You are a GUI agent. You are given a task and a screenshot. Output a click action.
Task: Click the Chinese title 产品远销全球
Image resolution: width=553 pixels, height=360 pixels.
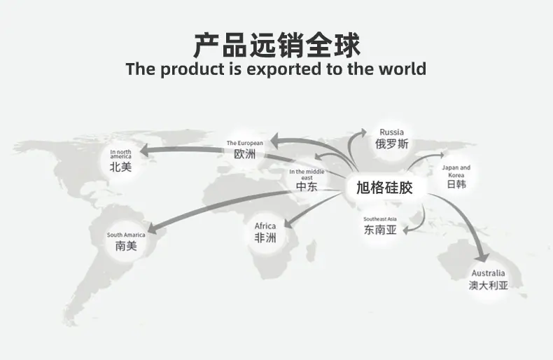[277, 45]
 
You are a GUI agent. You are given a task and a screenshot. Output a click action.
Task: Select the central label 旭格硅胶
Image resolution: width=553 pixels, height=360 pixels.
[384, 188]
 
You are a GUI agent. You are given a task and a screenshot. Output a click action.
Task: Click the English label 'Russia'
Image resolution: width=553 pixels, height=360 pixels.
[391, 132]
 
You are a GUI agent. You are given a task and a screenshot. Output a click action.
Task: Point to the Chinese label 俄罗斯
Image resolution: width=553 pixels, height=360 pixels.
[391, 144]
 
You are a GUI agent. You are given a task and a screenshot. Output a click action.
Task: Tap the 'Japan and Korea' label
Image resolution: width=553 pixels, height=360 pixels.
[456, 171]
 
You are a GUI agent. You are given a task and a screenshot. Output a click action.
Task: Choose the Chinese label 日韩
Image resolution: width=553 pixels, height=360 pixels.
[456, 184]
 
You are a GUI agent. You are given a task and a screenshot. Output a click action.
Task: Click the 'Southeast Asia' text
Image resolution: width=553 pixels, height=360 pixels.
[380, 219]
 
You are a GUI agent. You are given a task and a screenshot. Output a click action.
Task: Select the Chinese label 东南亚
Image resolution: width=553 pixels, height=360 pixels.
[380, 230]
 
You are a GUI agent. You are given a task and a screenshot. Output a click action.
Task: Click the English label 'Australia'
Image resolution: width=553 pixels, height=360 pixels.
[488, 273]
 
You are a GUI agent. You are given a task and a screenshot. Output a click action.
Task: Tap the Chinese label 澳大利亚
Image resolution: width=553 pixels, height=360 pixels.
[488, 285]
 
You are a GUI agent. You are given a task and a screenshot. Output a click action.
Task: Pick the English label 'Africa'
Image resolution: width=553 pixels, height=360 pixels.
[265, 226]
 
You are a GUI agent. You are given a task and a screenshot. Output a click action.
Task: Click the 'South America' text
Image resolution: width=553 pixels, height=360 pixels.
[126, 235]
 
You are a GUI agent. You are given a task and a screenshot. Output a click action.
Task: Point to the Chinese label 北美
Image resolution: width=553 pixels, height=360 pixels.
[120, 167]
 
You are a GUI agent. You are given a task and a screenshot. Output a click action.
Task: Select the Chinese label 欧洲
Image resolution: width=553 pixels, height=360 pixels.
[244, 154]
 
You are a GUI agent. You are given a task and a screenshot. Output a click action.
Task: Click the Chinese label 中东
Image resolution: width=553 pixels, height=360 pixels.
[307, 186]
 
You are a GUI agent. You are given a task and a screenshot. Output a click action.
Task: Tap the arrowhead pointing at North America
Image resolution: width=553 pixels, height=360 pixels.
[144, 151]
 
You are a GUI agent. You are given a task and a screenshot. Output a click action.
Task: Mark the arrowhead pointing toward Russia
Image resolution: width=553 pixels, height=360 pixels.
[363, 132]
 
